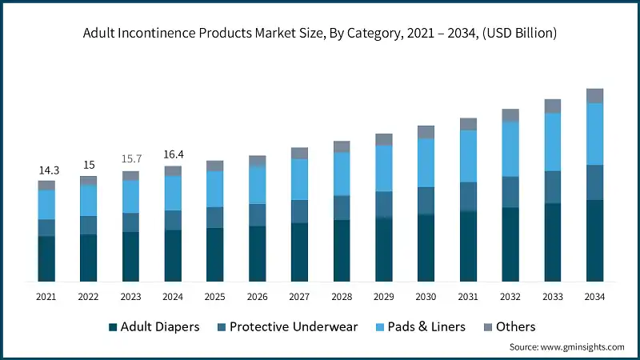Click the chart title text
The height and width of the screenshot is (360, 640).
pos(320,34)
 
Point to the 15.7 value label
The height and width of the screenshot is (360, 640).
pos(130,160)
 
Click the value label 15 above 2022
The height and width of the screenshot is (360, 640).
pos(88,165)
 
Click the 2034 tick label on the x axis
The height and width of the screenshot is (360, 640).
pos(594,297)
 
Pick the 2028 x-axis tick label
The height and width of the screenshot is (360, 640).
pos(342,297)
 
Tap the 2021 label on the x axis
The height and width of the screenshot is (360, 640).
pos(46,297)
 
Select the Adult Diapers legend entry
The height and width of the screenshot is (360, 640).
pos(160,326)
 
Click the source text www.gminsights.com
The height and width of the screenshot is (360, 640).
pos(566,347)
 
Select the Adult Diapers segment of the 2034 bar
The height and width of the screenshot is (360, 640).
pos(594,240)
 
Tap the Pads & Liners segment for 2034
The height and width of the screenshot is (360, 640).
pos(594,134)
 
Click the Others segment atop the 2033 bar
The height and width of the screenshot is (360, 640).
pos(552,106)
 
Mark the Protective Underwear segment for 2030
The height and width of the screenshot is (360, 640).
pos(426,200)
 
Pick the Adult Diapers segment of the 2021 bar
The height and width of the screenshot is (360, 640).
pos(46,258)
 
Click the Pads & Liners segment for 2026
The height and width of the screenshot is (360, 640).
pos(257,185)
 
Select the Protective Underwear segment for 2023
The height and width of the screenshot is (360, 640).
pos(130,222)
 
